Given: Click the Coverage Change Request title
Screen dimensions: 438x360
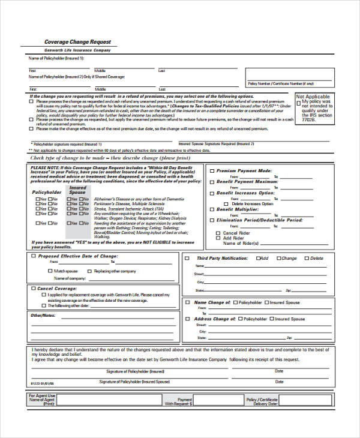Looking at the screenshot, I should pyautogui.click(x=78, y=41).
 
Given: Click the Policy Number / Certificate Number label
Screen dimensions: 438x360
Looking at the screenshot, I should pyautogui.click(x=281, y=83).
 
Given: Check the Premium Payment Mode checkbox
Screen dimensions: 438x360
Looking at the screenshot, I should pyautogui.click(x=212, y=171).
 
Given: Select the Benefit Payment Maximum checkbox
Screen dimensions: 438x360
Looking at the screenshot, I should pyautogui.click(x=212, y=182).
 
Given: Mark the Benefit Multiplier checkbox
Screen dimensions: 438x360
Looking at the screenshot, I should pyautogui.click(x=212, y=209).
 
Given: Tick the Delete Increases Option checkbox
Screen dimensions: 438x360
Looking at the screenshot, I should pyautogui.click(x=227, y=203).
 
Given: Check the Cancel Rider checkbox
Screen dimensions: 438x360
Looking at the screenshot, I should pyautogui.click(x=218, y=232).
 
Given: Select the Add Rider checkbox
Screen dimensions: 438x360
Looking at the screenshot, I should pyautogui.click(x=218, y=238).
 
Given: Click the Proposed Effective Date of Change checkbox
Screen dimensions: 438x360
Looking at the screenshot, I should pyautogui.click(x=32, y=256).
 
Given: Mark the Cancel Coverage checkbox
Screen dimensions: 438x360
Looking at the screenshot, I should pyautogui.click(x=32, y=289).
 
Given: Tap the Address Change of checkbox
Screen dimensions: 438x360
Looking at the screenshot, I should pyautogui.click(x=188, y=319).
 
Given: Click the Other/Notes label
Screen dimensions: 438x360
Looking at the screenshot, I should pyautogui.click(x=43, y=315).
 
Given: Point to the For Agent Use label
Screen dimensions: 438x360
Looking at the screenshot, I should pyautogui.click(x=42, y=396).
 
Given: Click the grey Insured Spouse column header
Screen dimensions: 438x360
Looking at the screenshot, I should pyautogui.click(x=77, y=190).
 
